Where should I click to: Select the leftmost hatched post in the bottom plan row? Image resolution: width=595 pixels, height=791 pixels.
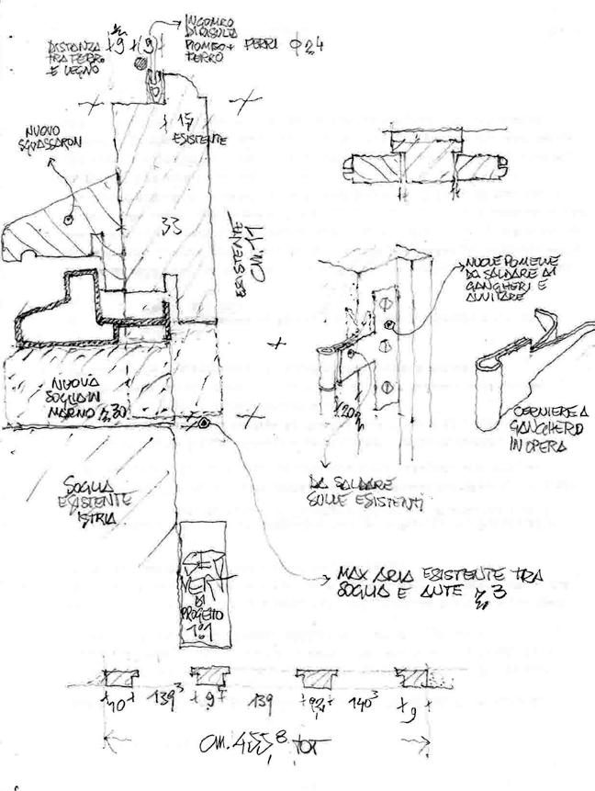118,677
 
